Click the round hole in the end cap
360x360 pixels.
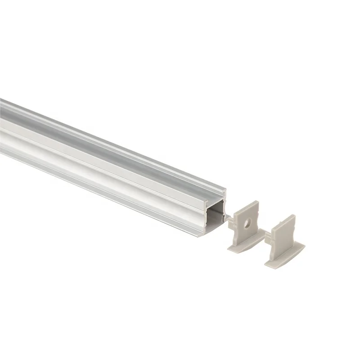[x=247, y=223]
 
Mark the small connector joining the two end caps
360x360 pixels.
[x=267, y=234]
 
